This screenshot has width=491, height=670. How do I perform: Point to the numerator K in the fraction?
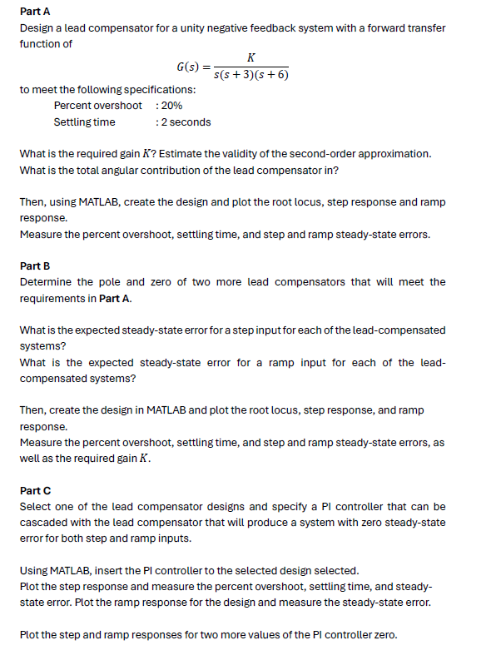tap(251, 57)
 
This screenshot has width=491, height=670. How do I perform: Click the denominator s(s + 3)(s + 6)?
tap(251, 75)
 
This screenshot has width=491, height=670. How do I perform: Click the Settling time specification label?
tap(84, 122)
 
